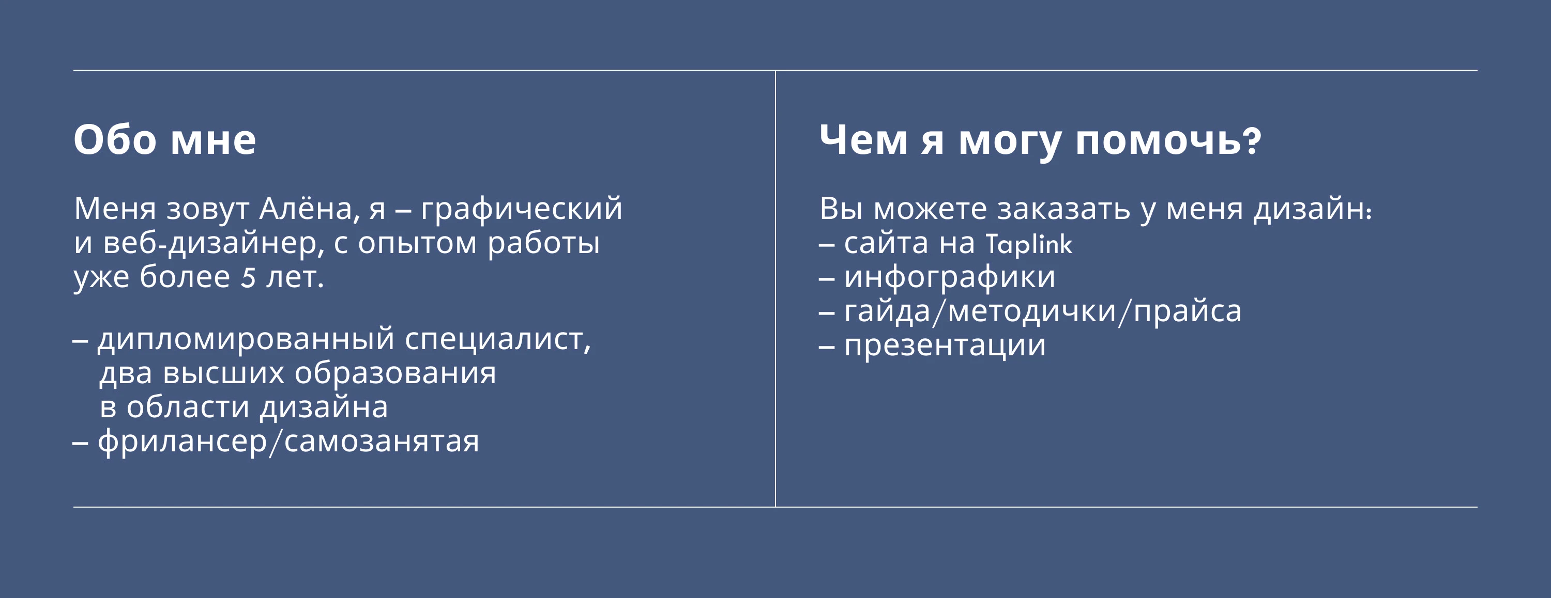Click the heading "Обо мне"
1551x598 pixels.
(164, 139)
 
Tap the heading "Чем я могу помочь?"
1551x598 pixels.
(1040, 139)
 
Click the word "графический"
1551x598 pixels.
(522, 209)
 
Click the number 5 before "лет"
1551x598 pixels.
(248, 278)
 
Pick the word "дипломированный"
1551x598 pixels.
(246, 339)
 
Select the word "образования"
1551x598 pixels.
(395, 373)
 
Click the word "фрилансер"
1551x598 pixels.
(182, 442)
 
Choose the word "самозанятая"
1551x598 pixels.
(382, 442)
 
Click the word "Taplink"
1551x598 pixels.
(1028, 244)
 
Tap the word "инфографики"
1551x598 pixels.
(950, 277)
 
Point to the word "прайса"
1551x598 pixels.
(1188, 311)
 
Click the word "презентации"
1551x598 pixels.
(945, 346)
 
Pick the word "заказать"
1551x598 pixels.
(1063, 209)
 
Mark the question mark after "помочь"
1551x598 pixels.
(1252, 139)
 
